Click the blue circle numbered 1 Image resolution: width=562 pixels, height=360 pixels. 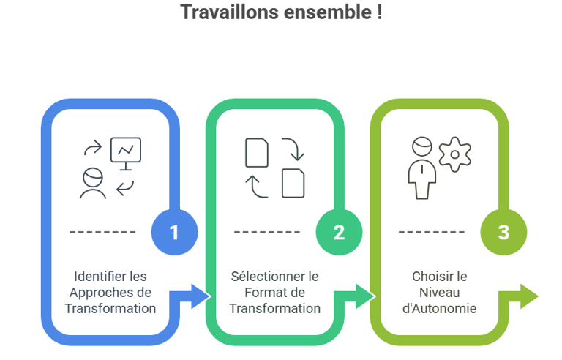coord(174,233)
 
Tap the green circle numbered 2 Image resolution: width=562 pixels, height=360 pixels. coord(339,233)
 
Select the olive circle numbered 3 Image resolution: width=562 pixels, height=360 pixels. coord(503,233)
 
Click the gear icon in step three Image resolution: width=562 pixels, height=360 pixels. coord(454,154)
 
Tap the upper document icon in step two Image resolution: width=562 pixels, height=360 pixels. coord(256,153)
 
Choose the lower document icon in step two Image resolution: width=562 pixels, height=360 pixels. coord(293,183)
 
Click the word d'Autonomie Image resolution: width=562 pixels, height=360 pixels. coord(440,309)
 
